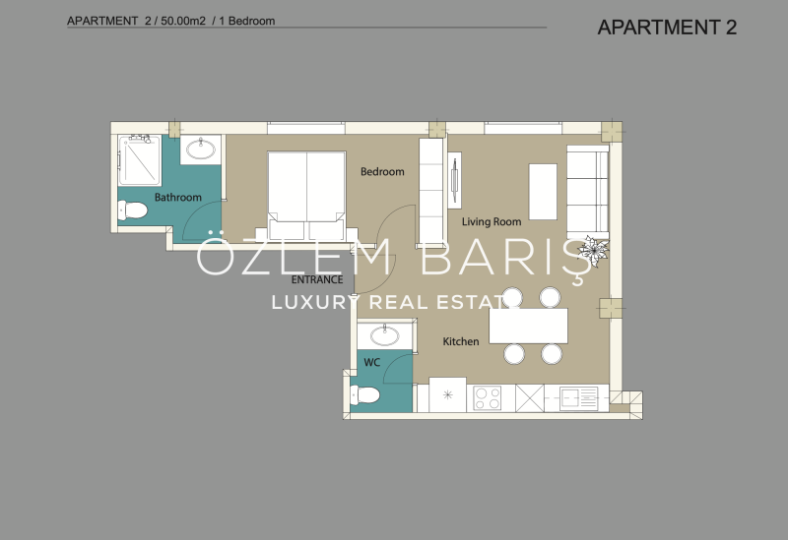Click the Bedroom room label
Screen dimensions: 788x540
pos(382,171)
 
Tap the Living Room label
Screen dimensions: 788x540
pos(491,221)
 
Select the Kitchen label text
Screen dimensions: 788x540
pos(460,341)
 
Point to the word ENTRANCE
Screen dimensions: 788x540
pos(317,279)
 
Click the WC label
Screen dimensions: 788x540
pos(371,362)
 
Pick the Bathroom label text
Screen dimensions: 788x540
pos(177,198)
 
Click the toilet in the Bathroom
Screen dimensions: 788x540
pos(132,210)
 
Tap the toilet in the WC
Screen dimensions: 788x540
pos(364,395)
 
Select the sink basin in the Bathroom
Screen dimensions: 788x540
pos(201,149)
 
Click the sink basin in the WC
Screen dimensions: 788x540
pos(384,335)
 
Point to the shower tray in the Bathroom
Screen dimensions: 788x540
pos(140,160)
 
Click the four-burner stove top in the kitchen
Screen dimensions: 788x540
pos(487,398)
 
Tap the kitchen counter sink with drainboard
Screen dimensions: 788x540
pos(578,398)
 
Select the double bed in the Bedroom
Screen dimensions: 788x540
pos(306,196)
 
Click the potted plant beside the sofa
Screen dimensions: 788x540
pos(593,249)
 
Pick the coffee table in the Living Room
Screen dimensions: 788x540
pos(543,192)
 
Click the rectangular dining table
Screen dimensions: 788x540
pos(528,326)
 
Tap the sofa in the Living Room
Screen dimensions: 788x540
pos(587,192)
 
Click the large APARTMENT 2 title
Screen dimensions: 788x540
pos(667,28)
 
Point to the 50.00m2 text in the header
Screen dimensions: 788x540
pos(183,21)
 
